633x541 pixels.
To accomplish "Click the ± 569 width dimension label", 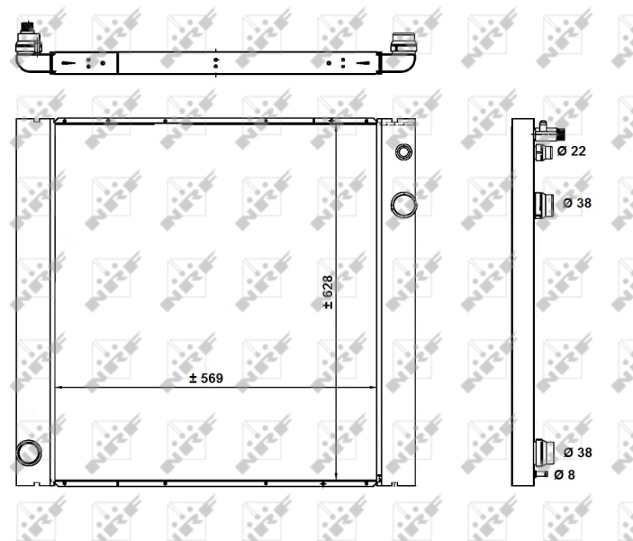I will (x=206, y=379).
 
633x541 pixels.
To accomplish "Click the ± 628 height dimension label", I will (x=328, y=293).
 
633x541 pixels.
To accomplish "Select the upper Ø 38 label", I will (x=576, y=203).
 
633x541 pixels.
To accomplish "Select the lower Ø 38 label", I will (x=576, y=452).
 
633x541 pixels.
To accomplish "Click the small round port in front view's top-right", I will (x=402, y=151).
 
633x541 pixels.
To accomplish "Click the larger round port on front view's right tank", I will (x=402, y=204).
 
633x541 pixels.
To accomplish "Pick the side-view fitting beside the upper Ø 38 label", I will (x=544, y=206).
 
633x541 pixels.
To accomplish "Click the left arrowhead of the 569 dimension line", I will (x=59, y=388).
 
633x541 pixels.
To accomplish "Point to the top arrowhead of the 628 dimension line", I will (x=336, y=124).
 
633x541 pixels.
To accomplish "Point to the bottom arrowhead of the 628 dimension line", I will (x=336, y=479).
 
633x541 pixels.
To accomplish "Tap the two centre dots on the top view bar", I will (x=216, y=63).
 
